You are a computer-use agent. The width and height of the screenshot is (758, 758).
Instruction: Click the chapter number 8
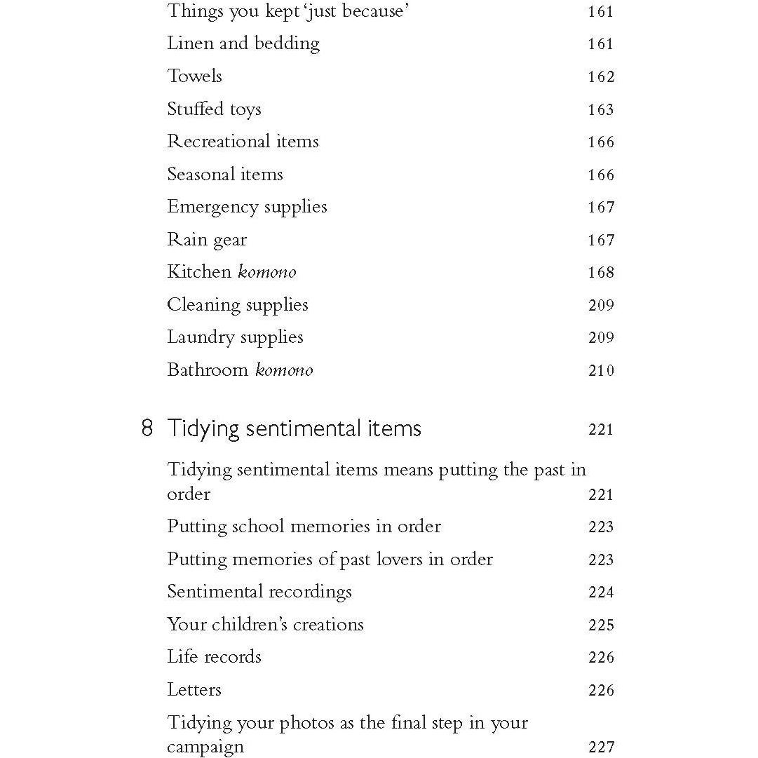pos(147,428)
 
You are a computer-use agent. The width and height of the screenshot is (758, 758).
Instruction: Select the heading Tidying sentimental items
pos(294,428)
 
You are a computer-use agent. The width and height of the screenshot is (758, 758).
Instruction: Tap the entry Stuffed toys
pos(214,109)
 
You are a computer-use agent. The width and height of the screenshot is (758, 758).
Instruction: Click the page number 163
pos(601,110)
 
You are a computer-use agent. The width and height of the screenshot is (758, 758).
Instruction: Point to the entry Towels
pos(194,76)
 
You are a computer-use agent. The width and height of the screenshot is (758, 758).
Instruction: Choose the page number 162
pos(601,77)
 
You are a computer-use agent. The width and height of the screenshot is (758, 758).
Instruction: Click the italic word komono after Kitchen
pos(267,272)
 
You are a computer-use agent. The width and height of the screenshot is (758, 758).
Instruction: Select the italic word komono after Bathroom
pos(284,370)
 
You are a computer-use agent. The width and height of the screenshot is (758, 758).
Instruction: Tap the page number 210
pos(601,371)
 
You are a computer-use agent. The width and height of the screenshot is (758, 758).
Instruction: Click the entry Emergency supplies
pos(247,208)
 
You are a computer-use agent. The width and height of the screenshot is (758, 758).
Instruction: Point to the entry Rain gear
pos(207,240)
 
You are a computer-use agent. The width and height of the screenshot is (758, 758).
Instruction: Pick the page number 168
pos(601,273)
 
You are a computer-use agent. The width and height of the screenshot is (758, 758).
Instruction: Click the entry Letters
pos(194,690)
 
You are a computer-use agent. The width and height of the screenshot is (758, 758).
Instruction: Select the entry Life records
pos(214,657)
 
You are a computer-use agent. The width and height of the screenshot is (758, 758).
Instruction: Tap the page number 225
pos(601,625)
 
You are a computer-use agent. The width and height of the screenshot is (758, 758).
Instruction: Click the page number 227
pos(601,747)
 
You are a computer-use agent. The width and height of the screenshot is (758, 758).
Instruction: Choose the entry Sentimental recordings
pos(259,592)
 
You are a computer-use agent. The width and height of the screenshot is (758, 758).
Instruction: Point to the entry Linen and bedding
pos(243,43)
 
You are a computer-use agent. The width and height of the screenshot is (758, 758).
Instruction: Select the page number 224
pos(601,593)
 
